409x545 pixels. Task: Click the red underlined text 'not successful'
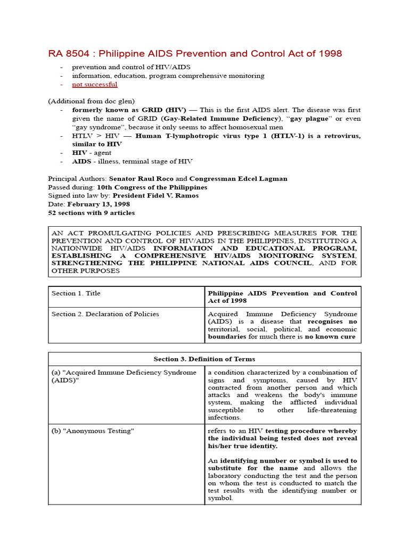94,85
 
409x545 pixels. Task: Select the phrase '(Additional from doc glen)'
91,101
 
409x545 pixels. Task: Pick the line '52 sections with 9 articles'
91,213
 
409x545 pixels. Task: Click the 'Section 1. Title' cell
76,293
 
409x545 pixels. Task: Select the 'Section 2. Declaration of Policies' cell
105,314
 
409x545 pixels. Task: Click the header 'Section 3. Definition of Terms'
204,359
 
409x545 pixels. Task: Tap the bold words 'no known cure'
330,337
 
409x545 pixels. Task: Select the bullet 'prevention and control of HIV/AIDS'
131,67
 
